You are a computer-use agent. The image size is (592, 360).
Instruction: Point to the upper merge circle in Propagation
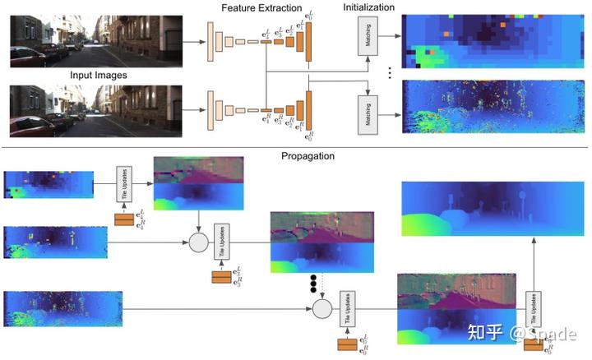[x=197, y=243]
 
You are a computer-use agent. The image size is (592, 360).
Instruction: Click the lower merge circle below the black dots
[x=321, y=309]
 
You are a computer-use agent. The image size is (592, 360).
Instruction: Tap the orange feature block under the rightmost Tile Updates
[x=532, y=344]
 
